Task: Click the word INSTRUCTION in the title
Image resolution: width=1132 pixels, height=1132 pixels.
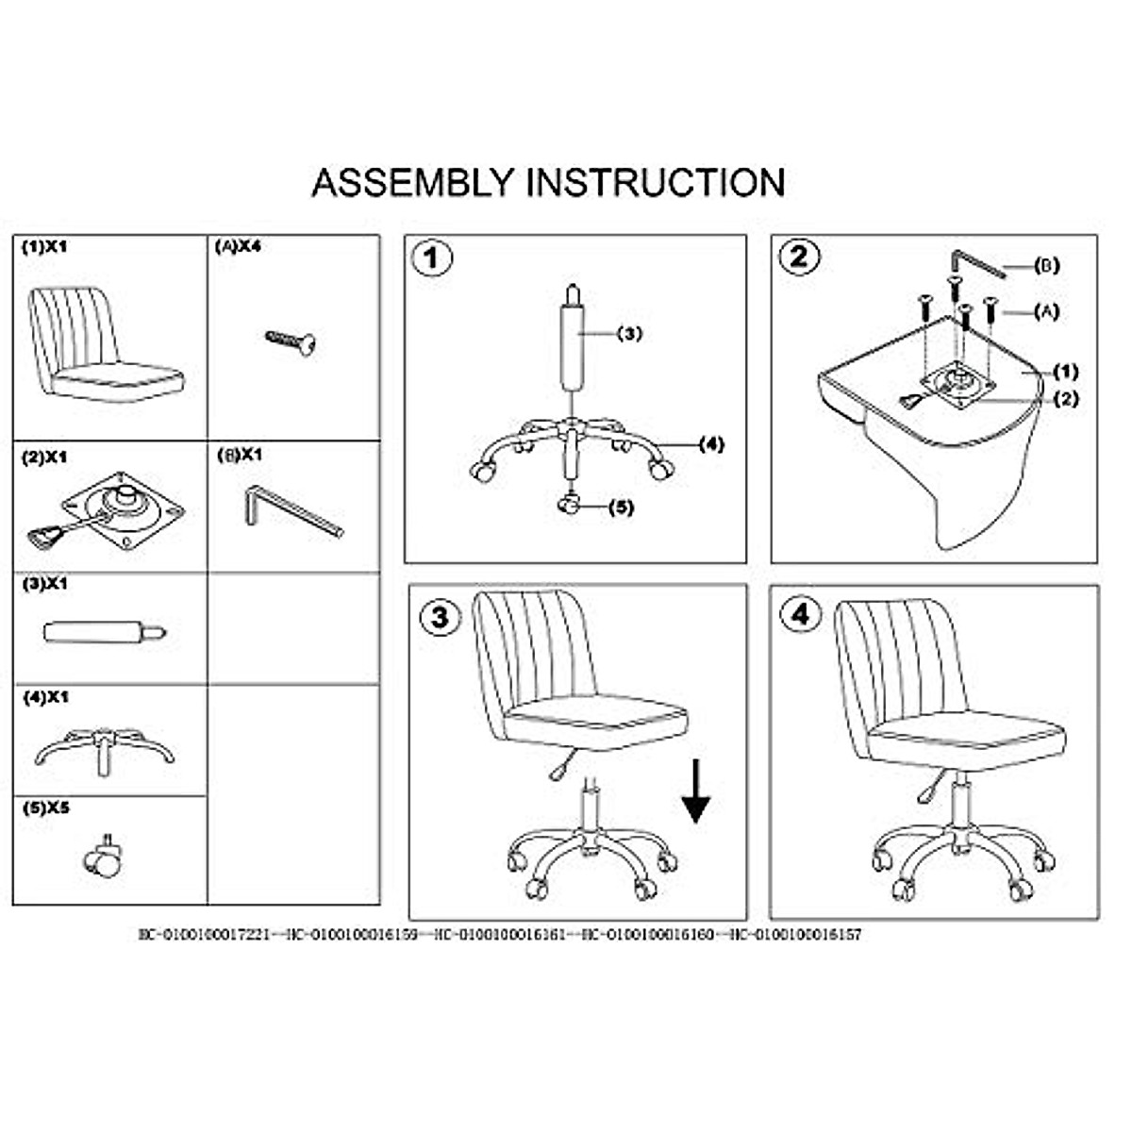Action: click(656, 182)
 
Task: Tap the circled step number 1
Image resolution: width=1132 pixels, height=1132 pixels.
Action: click(433, 258)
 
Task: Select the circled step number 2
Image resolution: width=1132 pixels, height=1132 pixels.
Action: click(799, 257)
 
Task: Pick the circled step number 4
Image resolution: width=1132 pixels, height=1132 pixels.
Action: click(800, 615)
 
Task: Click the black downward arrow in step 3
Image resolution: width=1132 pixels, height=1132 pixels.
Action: click(696, 794)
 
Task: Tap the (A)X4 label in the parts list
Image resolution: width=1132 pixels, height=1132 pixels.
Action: click(238, 247)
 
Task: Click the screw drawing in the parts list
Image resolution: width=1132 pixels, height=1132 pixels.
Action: click(291, 341)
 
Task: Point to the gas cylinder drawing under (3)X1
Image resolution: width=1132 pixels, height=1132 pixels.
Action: click(105, 631)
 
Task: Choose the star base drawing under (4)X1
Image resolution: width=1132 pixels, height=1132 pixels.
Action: click(105, 747)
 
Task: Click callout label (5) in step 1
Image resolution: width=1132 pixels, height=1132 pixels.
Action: click(621, 508)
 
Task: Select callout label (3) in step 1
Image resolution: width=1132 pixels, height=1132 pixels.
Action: click(629, 333)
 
